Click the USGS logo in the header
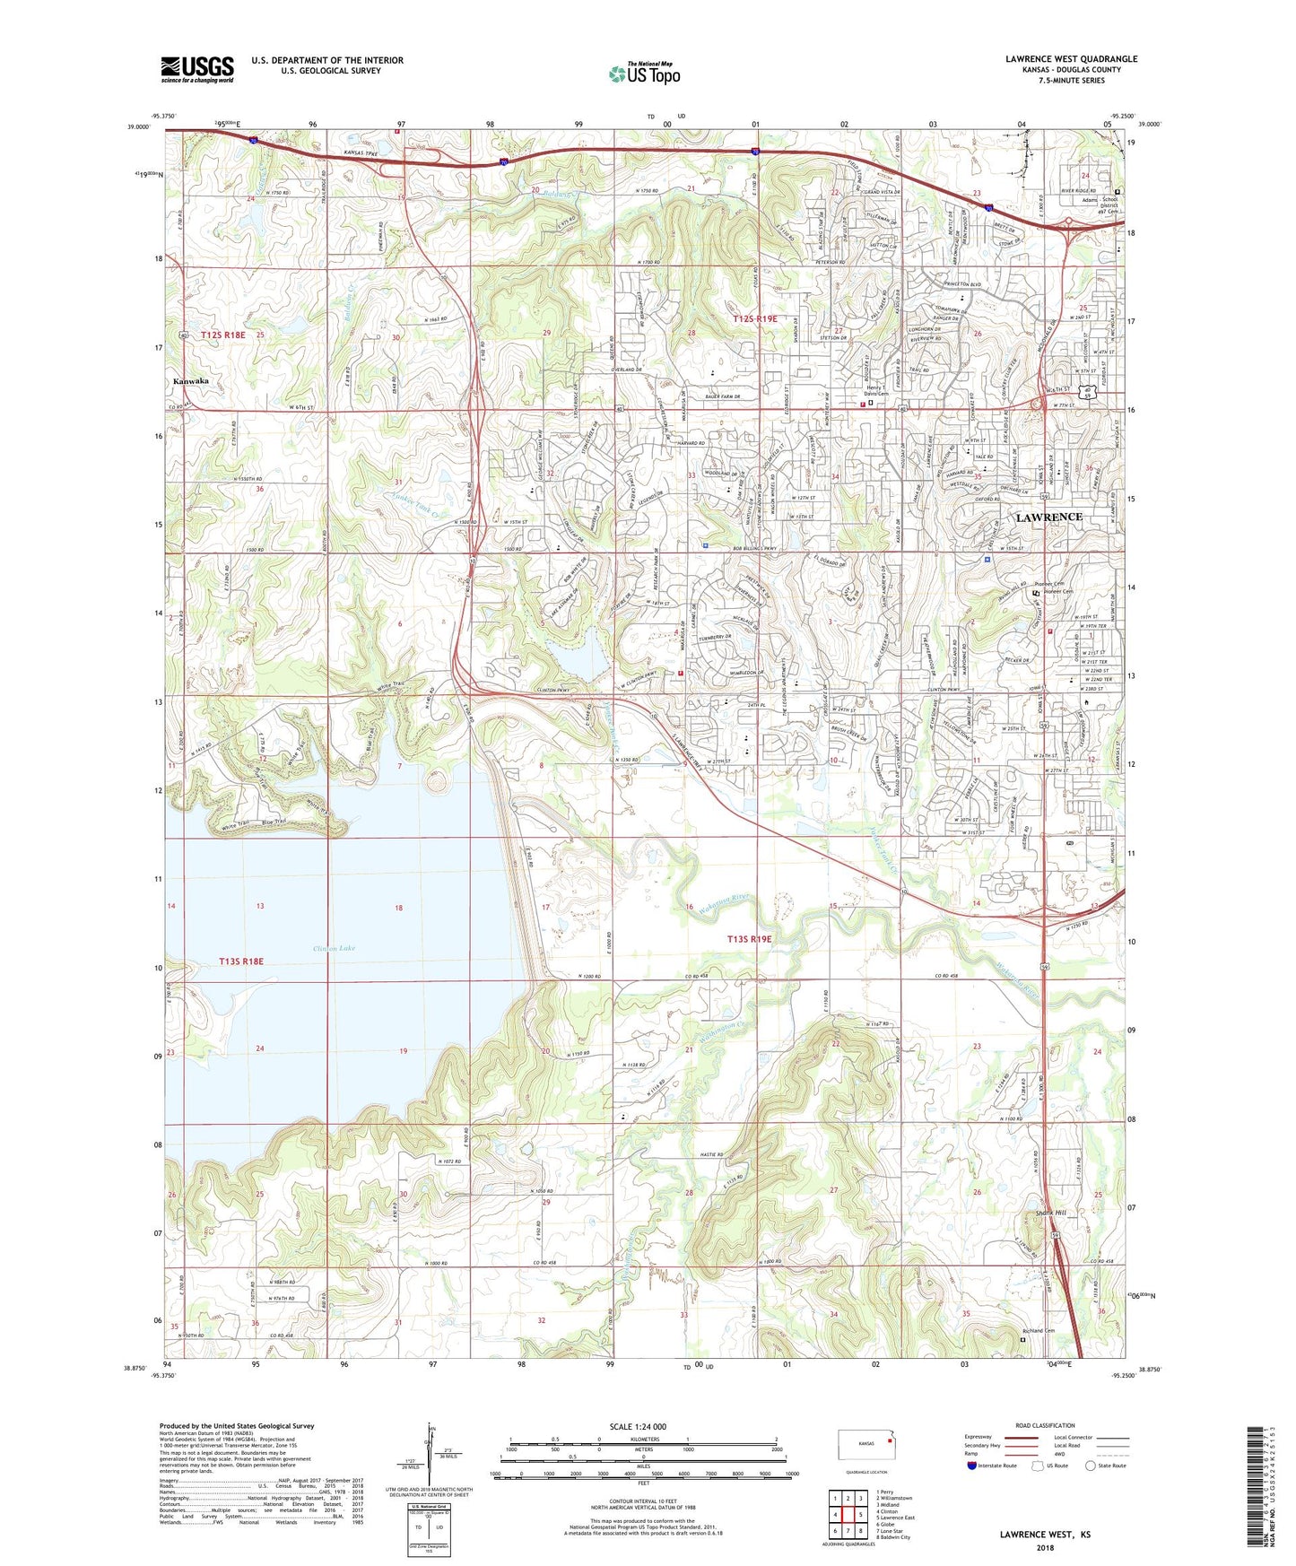point(197,69)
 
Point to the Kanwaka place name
point(191,381)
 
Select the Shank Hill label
point(1051,1214)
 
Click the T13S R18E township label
point(241,961)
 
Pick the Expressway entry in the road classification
point(981,1437)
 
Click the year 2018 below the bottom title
point(1045,1547)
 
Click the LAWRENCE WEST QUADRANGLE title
point(1071,59)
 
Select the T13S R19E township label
point(750,939)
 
